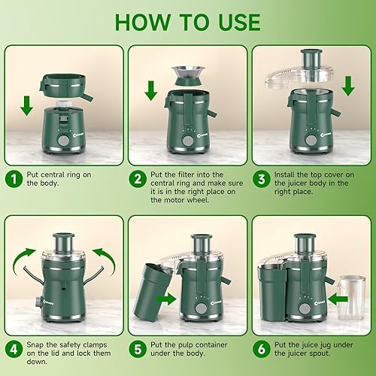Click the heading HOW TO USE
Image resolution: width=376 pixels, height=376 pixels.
tap(188, 22)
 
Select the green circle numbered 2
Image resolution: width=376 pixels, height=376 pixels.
tap(138, 179)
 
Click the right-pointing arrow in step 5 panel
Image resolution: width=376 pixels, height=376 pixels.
tap(165, 298)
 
